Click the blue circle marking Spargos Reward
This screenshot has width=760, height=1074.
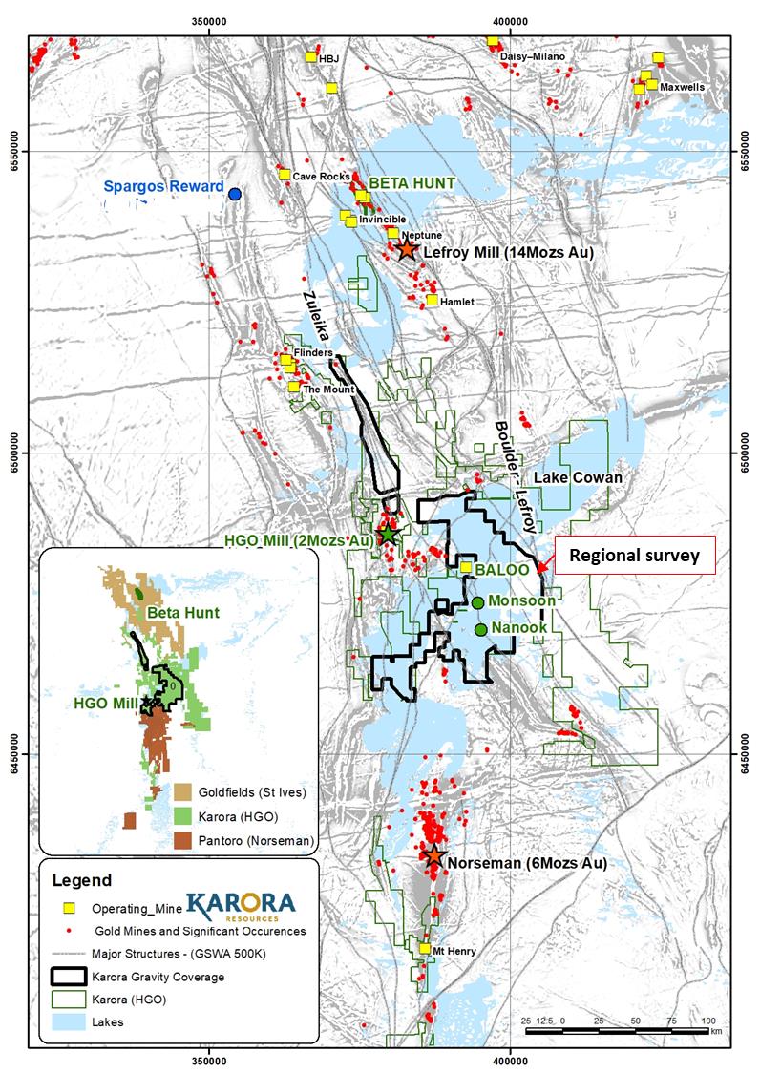click(235, 194)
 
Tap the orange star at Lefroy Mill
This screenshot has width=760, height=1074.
click(407, 249)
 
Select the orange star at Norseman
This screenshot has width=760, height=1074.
click(434, 855)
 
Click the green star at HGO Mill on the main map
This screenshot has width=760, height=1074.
click(388, 534)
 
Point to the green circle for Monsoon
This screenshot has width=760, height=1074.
click(477, 602)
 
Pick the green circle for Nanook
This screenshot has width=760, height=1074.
click(481, 628)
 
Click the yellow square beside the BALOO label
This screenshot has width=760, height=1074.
click(466, 567)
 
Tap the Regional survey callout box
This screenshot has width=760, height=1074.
click(634, 556)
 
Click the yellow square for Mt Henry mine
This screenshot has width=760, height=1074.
click(425, 948)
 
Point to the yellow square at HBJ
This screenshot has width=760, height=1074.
click(310, 57)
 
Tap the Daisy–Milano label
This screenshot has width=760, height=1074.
click(532, 57)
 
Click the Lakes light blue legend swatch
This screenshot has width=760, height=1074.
click(68, 1021)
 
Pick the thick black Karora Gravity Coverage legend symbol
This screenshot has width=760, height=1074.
click(68, 976)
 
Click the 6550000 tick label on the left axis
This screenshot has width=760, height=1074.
click(16, 151)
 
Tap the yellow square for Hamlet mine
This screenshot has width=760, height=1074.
click(433, 300)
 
